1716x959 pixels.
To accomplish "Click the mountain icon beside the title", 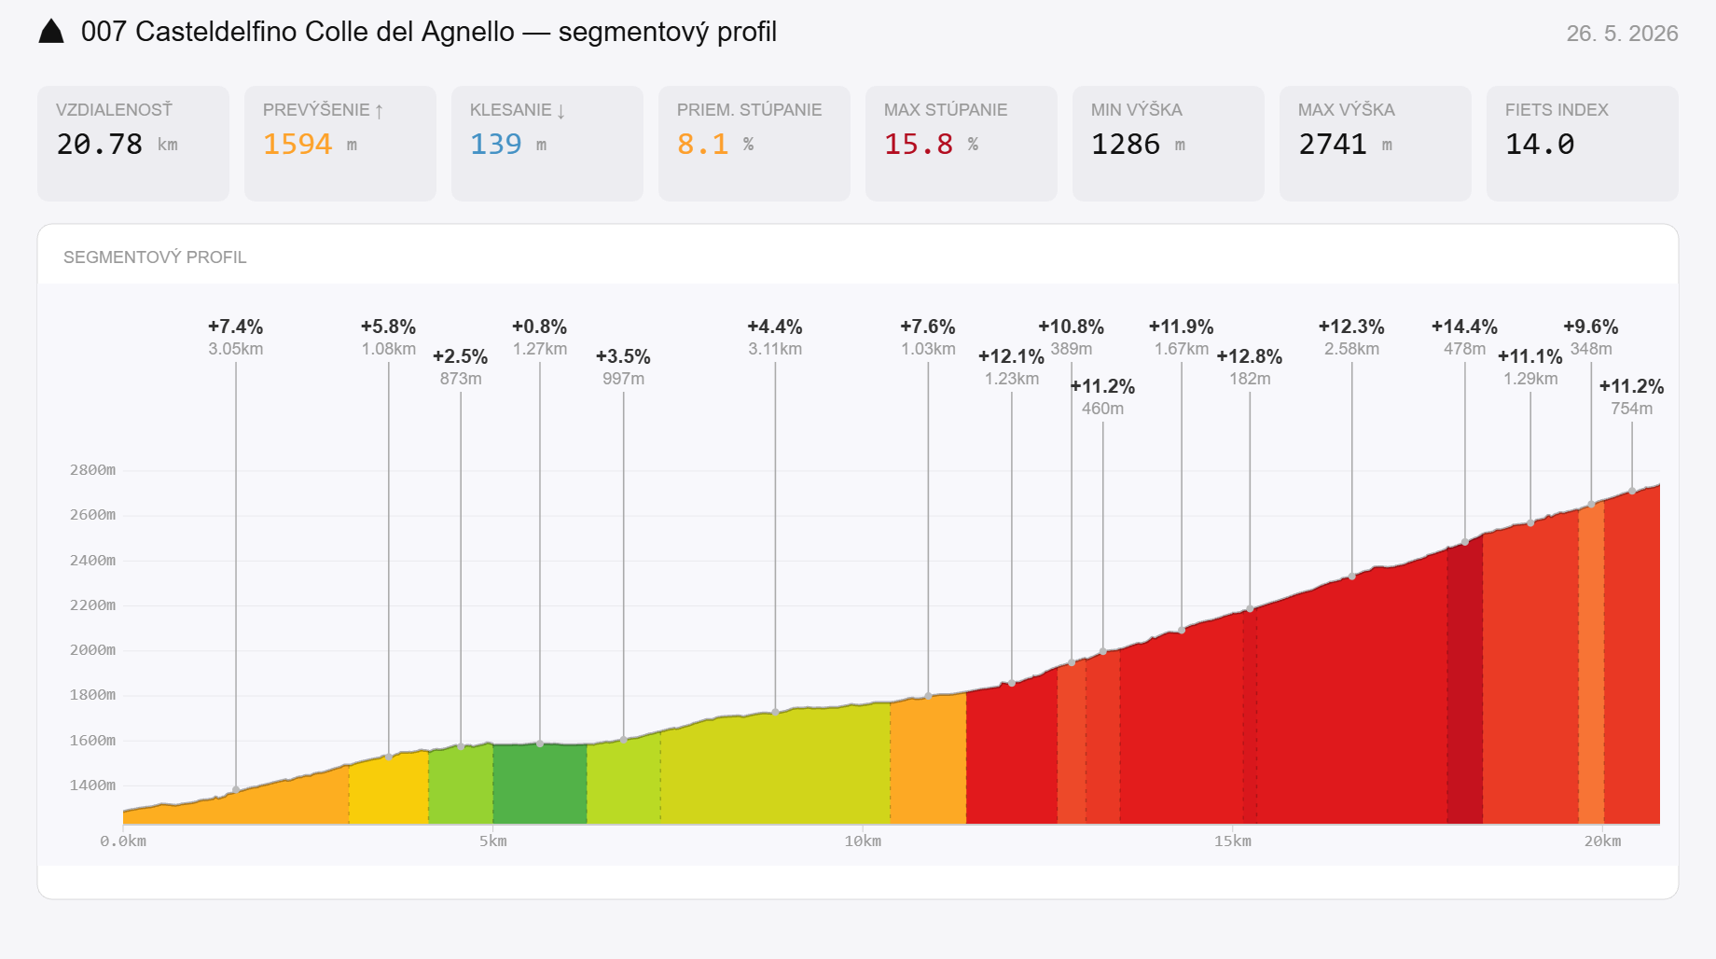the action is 51,32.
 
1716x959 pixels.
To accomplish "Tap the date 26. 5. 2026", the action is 1622,34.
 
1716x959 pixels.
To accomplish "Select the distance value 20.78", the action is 100,145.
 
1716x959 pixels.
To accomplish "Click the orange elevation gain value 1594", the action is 298,145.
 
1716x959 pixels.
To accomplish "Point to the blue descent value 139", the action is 496,145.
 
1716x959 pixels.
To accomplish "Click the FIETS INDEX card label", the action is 1557,110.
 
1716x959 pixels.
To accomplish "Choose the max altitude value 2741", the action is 1333,145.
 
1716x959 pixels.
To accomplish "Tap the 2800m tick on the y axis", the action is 93,470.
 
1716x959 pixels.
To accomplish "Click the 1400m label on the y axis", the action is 93,785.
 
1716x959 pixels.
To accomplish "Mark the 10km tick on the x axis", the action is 863,841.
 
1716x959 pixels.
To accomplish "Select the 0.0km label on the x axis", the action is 123,841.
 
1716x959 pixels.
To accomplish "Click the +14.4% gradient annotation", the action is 1464,327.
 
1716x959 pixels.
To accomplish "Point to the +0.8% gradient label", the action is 539,327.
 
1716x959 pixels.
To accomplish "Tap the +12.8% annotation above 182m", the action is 1250,356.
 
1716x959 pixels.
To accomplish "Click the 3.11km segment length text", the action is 775,349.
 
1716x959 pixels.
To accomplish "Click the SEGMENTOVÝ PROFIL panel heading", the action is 155,257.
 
